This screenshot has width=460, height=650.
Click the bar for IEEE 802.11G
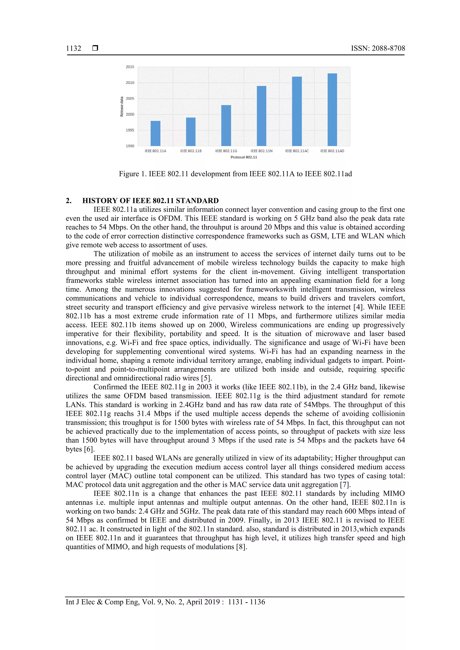click(x=226, y=125)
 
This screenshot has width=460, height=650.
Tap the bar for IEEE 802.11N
click(x=261, y=116)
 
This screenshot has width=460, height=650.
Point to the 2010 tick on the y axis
click(x=130, y=83)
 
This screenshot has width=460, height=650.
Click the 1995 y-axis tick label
click(x=130, y=130)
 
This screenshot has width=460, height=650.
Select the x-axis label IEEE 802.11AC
click(x=297, y=151)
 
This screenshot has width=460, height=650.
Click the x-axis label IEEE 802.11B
click(x=191, y=151)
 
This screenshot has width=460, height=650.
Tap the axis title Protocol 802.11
click(x=243, y=157)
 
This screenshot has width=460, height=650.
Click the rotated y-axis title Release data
click(x=122, y=106)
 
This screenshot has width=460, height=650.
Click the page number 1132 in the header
click(x=73, y=48)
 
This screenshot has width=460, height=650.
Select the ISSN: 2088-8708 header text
click(x=378, y=48)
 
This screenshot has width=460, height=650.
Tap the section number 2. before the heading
click(x=69, y=201)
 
